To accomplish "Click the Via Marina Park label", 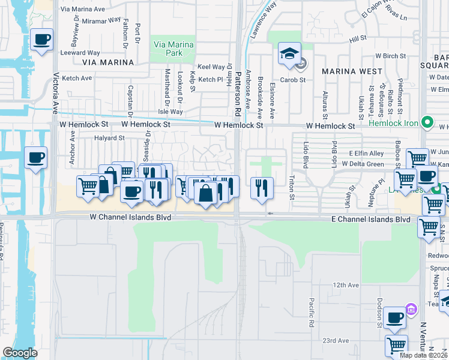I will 173,49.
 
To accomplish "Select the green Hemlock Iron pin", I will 427,122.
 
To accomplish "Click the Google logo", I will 20,352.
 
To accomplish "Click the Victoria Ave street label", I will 56,94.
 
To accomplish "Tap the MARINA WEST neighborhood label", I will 352,71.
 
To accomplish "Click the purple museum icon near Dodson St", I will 411,310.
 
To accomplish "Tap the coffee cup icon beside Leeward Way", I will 41,40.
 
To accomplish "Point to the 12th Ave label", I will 346,284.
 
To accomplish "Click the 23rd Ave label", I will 335,341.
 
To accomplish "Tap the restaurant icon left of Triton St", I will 262,187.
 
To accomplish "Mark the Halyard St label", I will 109,137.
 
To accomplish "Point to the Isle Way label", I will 170,112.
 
